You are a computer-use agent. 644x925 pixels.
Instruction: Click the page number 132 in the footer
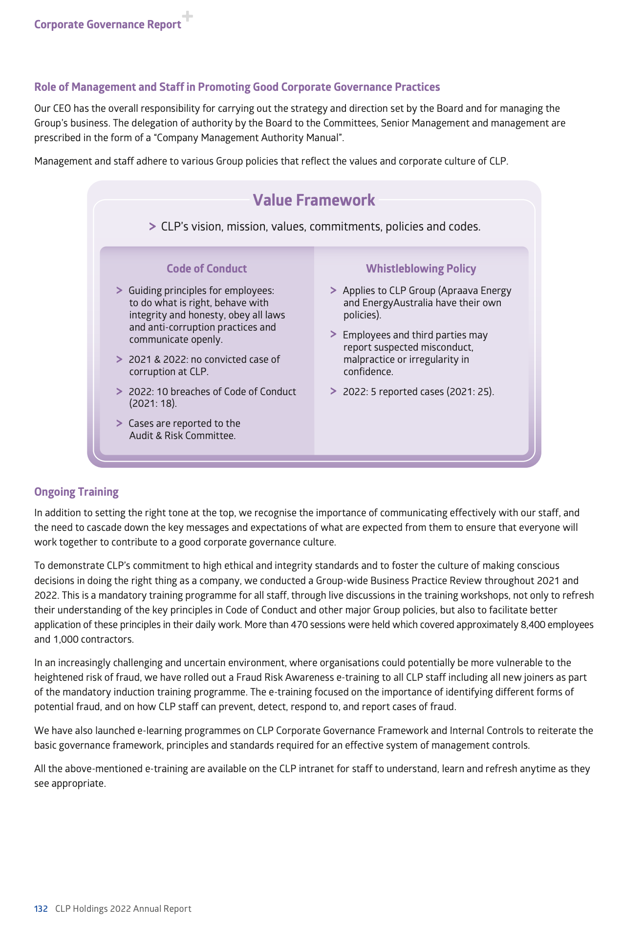point(41,908)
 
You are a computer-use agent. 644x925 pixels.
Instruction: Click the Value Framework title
point(314,200)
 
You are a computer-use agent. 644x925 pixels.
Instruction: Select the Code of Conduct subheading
point(206,269)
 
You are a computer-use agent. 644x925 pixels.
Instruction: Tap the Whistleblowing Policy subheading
point(421,269)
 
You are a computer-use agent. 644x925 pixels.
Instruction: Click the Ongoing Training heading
point(76,492)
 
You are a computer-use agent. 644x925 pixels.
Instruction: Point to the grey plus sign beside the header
point(187,17)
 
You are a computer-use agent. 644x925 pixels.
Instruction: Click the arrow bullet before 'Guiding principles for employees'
point(119,291)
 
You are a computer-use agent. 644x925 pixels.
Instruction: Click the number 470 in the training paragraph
point(299,625)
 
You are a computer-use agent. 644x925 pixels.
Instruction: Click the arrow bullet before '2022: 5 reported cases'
point(333,391)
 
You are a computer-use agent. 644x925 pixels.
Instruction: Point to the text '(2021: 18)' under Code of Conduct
point(153,403)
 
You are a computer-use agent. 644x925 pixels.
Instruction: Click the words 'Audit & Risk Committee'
point(182,436)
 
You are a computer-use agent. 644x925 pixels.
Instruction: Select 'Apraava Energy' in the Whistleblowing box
point(476,291)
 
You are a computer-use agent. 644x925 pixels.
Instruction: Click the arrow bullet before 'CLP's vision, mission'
point(152,227)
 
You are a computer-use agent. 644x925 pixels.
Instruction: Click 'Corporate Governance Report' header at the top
point(107,24)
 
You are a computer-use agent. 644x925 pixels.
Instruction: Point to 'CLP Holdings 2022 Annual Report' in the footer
point(123,908)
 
